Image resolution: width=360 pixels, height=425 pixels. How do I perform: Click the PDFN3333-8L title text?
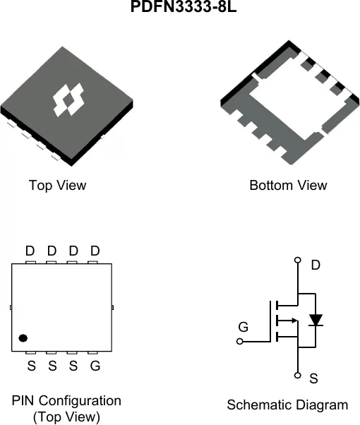click(184, 6)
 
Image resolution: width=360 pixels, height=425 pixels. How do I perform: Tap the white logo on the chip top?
click(68, 100)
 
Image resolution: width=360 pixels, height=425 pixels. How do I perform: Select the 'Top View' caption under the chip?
click(57, 186)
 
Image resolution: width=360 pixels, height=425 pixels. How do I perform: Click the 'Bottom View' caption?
click(288, 186)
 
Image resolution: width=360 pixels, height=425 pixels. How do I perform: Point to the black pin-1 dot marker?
click(23, 338)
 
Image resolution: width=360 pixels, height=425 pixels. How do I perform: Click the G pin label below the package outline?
click(95, 366)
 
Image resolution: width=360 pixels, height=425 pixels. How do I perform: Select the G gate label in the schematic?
click(243, 327)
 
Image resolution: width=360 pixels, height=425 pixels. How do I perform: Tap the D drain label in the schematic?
click(316, 265)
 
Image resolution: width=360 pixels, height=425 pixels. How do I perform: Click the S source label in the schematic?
click(313, 378)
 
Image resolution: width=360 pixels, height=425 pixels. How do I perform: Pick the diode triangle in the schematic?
click(316, 320)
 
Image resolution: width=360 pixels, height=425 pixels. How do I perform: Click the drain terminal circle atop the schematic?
click(298, 261)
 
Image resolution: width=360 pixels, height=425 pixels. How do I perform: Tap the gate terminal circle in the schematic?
click(239, 342)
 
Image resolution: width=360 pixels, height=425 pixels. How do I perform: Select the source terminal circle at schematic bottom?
click(298, 376)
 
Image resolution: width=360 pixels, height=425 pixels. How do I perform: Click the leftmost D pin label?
click(30, 251)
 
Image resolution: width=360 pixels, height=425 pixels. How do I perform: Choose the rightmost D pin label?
click(95, 251)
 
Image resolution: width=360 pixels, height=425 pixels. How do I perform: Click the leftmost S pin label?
click(32, 366)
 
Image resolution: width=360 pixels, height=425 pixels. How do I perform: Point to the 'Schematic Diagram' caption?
click(287, 405)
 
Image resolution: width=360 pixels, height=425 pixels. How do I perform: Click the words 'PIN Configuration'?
click(66, 400)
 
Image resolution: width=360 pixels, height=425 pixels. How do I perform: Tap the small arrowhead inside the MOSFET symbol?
click(294, 321)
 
